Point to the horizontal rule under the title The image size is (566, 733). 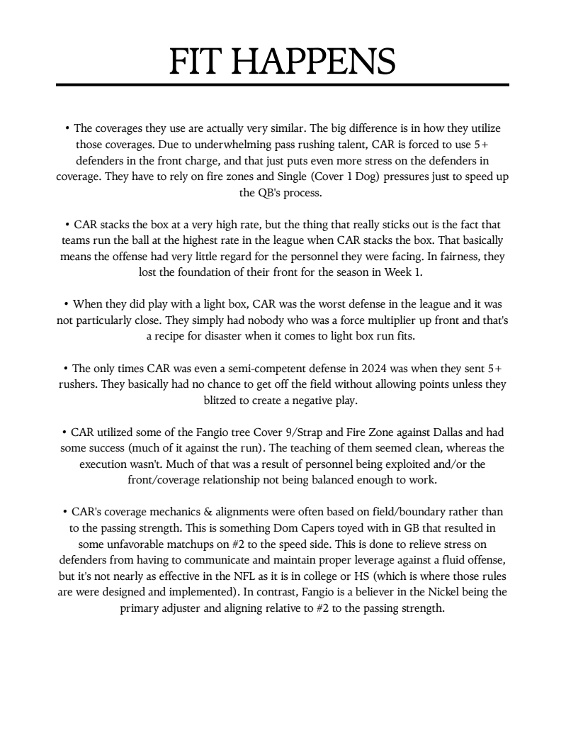pyautogui.click(x=283, y=85)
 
